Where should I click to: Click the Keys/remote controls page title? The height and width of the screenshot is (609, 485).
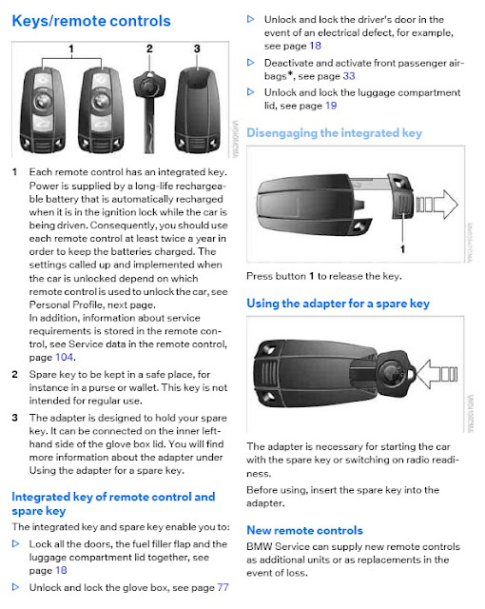point(91,21)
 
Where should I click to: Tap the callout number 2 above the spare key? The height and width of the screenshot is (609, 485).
point(149,49)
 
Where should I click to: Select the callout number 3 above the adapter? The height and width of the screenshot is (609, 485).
point(197,49)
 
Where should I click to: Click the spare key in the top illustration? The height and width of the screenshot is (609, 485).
point(149,111)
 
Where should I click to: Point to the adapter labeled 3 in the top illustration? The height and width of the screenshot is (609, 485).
point(198,110)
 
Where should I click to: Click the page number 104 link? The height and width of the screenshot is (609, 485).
point(64,358)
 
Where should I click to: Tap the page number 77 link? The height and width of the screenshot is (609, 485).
point(223,587)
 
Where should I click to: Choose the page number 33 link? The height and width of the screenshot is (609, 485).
point(349,76)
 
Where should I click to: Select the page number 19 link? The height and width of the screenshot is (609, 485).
point(331,106)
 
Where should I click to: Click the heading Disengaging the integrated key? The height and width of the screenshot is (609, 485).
point(334,133)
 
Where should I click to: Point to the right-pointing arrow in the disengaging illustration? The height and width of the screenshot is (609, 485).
point(437,204)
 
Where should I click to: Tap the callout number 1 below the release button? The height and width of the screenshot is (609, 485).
point(403,248)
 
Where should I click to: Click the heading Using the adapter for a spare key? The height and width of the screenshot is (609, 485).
point(338,304)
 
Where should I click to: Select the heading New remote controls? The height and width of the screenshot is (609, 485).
point(304,531)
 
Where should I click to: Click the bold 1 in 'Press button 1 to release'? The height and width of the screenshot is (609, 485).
point(311,276)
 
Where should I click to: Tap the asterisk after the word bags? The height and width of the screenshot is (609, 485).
point(290,74)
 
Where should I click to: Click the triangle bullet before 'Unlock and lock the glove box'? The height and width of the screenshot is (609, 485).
point(15,587)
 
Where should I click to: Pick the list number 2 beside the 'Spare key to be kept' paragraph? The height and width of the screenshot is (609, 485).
point(15,374)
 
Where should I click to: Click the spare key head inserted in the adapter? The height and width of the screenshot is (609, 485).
point(393,372)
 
